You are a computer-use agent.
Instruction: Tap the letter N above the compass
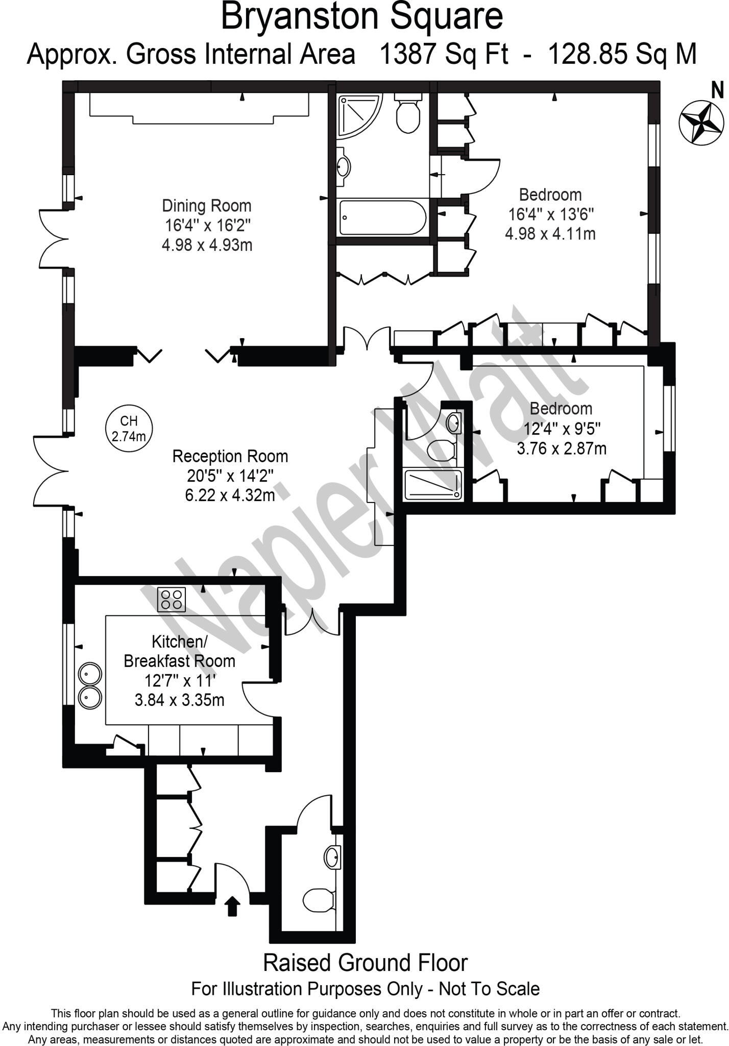click(x=718, y=91)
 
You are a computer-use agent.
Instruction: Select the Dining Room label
click(x=207, y=206)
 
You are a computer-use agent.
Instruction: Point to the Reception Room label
click(x=230, y=456)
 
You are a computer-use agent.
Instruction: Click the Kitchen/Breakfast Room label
click(x=179, y=651)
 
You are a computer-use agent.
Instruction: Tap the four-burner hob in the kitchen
click(x=171, y=600)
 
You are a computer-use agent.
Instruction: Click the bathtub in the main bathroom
click(x=383, y=218)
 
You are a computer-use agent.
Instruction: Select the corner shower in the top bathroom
click(x=357, y=114)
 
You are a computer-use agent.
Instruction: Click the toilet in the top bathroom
click(x=408, y=113)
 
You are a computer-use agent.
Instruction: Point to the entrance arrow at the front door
click(x=233, y=907)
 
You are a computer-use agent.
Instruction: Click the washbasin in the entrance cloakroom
click(x=333, y=857)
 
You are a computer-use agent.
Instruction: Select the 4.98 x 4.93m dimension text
click(x=207, y=245)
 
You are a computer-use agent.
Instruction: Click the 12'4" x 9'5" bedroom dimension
click(x=562, y=429)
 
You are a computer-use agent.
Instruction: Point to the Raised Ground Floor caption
click(x=365, y=963)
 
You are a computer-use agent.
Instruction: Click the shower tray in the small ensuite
click(x=433, y=485)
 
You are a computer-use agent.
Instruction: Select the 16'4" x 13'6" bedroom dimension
click(x=551, y=214)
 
